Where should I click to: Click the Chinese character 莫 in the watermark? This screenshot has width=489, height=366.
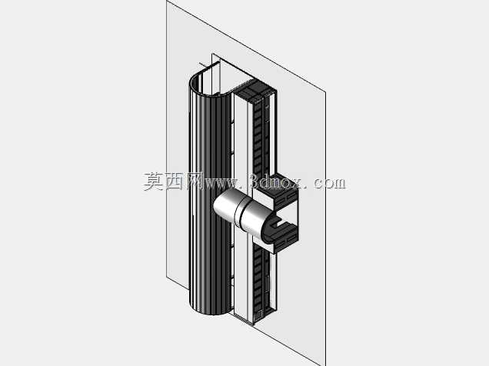point(154,181)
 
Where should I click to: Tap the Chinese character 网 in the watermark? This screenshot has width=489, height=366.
point(194,181)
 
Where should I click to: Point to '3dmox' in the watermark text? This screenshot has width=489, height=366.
point(276,181)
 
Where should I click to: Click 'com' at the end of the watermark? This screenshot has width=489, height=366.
point(329,183)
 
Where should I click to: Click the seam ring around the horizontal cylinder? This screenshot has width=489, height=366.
point(239,212)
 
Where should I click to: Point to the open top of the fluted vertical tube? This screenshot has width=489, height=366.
point(210,82)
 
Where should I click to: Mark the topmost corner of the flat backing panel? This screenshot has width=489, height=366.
point(167,1)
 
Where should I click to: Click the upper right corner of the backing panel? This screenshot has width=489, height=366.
point(325,92)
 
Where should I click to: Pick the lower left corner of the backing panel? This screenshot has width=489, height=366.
point(167,278)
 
